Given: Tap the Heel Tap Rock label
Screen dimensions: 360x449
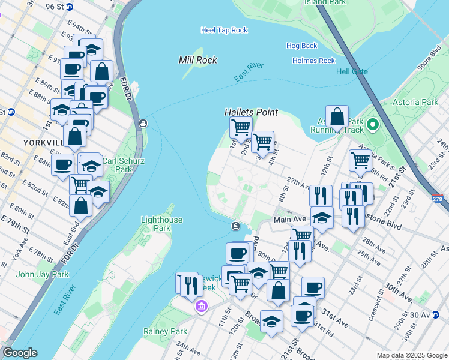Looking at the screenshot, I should pyautogui.click(x=224, y=30).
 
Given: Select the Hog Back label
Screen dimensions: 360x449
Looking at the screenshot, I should pyautogui.click(x=301, y=46).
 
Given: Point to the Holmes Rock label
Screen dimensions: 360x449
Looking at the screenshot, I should pyautogui.click(x=313, y=61).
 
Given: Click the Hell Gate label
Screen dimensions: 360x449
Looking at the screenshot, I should pyautogui.click(x=352, y=71).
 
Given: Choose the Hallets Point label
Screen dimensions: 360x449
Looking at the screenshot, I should pyautogui.click(x=251, y=112).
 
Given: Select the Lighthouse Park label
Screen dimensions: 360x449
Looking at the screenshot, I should pyautogui.click(x=161, y=224).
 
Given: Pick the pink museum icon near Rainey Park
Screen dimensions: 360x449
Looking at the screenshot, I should pyautogui.click(x=201, y=308).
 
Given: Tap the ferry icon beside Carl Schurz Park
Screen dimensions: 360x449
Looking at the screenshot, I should pyautogui.click(x=143, y=124).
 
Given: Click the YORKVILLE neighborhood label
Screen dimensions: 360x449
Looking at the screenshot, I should pyautogui.click(x=42, y=143).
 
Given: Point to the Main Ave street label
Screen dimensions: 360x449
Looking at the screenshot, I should pyautogui.click(x=291, y=220).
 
